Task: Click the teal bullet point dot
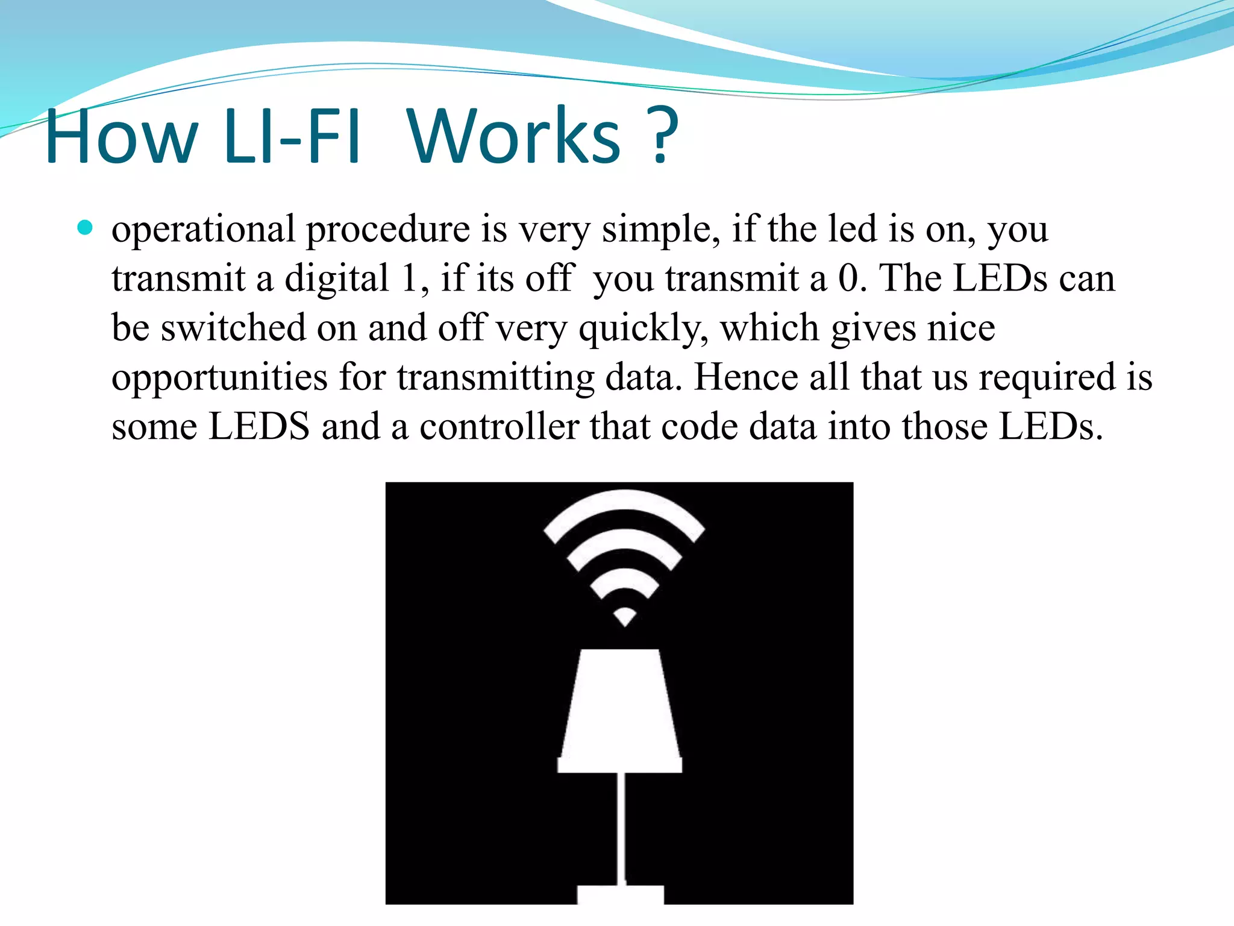[86, 228]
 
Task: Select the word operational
[203, 230]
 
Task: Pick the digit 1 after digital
[410, 279]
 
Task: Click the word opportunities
[219, 379]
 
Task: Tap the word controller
[498, 427]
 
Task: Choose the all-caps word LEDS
[258, 427]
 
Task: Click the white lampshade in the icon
[620, 705]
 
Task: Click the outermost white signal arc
[624, 504]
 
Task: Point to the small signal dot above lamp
[624, 617]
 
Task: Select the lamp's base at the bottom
[621, 894]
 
